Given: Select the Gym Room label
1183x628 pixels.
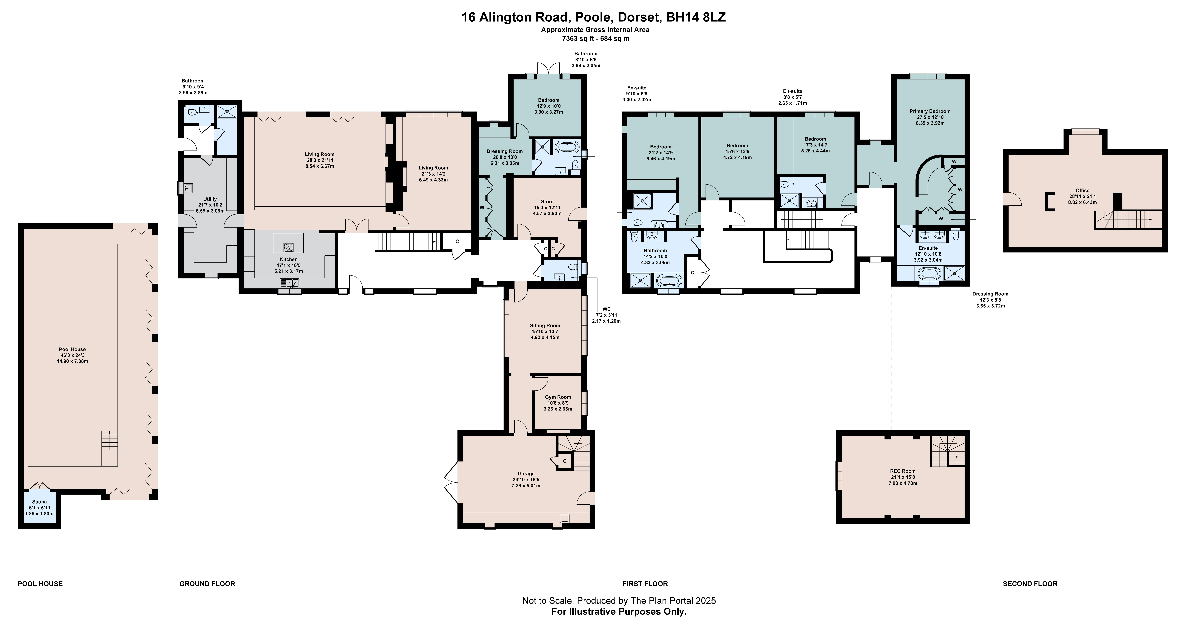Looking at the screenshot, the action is pyautogui.click(x=558, y=397).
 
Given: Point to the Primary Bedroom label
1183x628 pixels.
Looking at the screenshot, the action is pyautogui.click(x=930, y=111).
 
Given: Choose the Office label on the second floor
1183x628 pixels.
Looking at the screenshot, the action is pyautogui.click(x=1082, y=190).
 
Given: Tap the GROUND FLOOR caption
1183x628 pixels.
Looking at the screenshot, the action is pyautogui.click(x=207, y=584).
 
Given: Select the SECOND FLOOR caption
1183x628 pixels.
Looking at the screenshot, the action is pyautogui.click(x=1030, y=584).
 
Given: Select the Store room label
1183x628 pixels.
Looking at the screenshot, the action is pyautogui.click(x=547, y=202).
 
